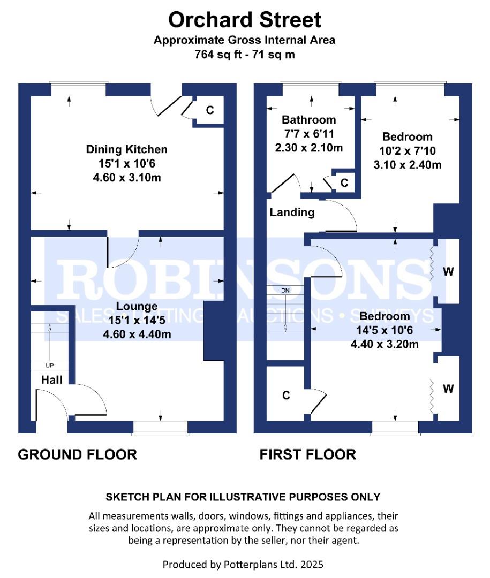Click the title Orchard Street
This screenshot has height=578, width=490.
(245, 20)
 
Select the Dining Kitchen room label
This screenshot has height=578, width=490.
(127, 149)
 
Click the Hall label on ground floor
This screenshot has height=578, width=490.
(52, 380)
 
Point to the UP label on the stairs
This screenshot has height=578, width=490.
(50, 366)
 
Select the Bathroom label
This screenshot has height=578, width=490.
(309, 119)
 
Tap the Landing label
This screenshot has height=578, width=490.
(292, 212)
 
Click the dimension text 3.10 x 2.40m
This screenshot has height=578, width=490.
(408, 165)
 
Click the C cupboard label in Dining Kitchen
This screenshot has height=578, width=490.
(210, 110)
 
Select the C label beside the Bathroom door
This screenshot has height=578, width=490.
(344, 183)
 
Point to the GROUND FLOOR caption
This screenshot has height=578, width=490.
(78, 455)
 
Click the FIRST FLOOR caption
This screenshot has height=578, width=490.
(307, 455)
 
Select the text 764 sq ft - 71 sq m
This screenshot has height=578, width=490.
(245, 54)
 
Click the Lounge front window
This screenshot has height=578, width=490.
(161, 426)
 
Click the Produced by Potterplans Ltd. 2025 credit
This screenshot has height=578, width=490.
(243, 564)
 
